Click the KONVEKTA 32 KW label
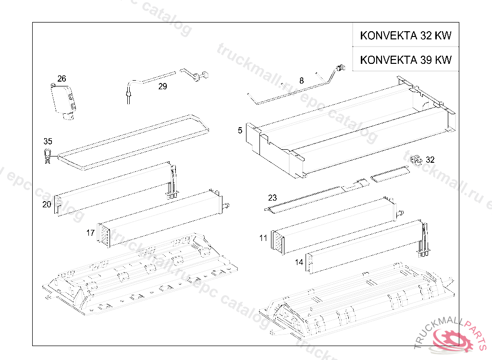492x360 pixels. [406, 36]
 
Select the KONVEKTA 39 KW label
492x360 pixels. [406, 60]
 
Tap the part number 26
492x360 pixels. [61, 79]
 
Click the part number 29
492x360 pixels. [162, 86]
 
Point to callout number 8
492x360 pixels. [301, 81]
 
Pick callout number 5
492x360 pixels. [240, 130]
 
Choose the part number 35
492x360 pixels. [48, 141]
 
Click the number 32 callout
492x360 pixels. [430, 160]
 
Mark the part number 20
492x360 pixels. [47, 204]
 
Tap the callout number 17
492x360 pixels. [90, 233]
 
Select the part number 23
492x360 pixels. [272, 197]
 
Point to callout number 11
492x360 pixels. [263, 238]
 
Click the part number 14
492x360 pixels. [299, 263]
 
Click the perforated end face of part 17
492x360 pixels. [103, 235]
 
